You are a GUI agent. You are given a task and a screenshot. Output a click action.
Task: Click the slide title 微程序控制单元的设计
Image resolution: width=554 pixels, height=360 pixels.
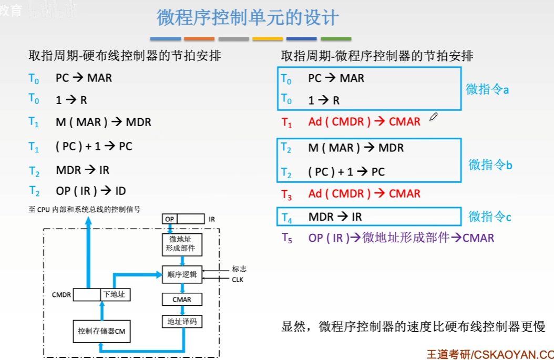point(248,18)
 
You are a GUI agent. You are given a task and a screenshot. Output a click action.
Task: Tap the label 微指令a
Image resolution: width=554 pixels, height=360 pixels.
point(487,89)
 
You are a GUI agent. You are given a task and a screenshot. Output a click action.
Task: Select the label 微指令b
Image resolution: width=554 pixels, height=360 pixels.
point(490,164)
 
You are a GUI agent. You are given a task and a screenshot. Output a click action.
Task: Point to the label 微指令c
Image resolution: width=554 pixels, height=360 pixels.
point(490,216)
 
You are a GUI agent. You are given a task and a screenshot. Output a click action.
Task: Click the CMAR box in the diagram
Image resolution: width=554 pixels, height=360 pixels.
point(182,300)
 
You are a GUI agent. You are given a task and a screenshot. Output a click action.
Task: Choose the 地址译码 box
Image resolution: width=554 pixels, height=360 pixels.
point(182,321)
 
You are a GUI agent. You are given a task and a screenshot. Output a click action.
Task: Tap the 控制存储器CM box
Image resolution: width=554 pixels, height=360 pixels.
point(101,331)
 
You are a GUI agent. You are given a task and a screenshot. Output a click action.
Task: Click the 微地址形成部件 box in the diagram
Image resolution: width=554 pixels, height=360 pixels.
point(182,243)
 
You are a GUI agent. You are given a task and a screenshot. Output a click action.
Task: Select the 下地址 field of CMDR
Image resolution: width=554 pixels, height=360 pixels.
point(115,294)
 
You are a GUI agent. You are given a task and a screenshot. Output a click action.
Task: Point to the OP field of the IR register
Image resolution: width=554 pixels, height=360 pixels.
point(169,219)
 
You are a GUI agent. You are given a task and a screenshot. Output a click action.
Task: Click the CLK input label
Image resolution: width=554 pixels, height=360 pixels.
point(238,280)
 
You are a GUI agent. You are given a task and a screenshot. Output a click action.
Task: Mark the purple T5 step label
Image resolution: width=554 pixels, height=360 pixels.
point(286,238)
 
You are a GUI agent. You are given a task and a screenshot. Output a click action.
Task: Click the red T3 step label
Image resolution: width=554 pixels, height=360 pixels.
point(286,194)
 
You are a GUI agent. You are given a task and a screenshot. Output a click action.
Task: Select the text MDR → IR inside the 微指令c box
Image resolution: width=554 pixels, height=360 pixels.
point(335,217)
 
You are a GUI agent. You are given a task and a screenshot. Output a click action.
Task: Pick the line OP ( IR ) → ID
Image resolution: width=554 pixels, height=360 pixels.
point(91,191)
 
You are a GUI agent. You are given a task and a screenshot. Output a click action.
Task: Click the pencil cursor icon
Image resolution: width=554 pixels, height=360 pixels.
point(433,117)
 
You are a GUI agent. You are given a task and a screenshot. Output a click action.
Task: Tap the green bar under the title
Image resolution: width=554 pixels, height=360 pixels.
point(336,39)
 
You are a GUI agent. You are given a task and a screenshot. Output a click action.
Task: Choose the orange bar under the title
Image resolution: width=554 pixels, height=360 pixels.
point(199,39)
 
